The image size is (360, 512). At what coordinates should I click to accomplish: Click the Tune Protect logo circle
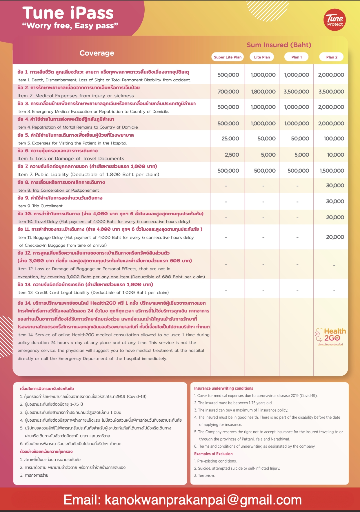point(335,20)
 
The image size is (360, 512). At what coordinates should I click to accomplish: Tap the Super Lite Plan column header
point(228,57)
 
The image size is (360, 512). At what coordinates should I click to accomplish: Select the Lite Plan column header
point(262,57)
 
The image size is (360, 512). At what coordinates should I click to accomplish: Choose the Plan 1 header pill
point(297,57)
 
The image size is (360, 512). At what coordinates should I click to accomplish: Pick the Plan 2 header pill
point(332,57)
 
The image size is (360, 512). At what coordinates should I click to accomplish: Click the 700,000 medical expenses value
point(228,92)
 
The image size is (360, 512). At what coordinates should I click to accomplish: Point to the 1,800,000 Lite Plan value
point(263,92)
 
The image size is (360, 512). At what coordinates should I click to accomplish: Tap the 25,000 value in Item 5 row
point(230,139)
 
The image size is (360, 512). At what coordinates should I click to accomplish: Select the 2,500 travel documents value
point(232,155)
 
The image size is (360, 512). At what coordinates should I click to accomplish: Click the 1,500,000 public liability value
point(332,171)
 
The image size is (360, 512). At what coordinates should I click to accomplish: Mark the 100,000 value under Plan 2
point(334,139)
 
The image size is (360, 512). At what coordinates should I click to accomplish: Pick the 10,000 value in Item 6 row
point(335,155)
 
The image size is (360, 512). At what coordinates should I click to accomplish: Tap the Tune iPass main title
point(68,13)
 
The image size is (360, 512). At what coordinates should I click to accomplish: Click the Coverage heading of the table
point(97,53)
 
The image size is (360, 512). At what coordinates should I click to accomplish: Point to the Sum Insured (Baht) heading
point(279,45)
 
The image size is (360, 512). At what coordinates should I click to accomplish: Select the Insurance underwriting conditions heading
point(223,388)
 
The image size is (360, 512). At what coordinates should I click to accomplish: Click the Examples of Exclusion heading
point(213,454)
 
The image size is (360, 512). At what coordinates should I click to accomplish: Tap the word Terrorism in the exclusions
point(206,476)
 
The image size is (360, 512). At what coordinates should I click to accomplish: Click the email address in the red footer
point(183,500)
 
